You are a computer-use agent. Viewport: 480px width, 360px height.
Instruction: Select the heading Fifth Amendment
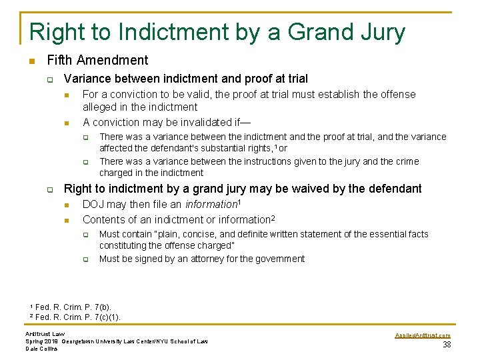coord(97,61)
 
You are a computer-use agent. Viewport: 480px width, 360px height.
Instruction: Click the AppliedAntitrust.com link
coord(423,335)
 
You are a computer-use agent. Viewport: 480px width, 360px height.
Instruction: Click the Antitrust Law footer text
coord(45,334)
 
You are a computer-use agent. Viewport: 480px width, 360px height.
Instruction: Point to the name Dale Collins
coord(41,348)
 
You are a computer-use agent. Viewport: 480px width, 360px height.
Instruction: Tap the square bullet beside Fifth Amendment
coord(31,61)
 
